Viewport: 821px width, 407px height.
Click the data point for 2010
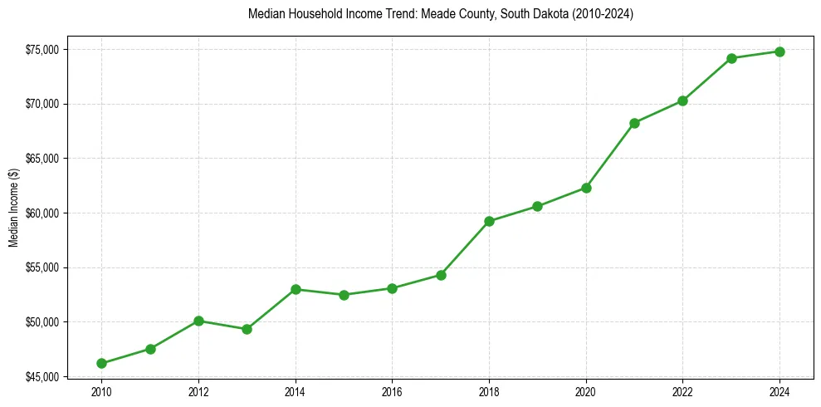[x=101, y=363]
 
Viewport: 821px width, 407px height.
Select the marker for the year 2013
[x=247, y=329]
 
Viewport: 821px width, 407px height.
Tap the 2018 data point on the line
[x=489, y=221]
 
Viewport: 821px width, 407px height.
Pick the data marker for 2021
[x=634, y=123]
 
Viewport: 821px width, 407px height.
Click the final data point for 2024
[x=779, y=51]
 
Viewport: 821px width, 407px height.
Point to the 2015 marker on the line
[x=344, y=295]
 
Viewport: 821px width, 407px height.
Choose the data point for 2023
[x=731, y=58]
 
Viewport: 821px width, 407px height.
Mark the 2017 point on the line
[x=441, y=275]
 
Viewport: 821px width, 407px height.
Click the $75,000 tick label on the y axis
[x=42, y=50]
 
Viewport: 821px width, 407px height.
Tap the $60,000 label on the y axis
[x=42, y=213]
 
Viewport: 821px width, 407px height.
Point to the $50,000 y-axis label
[x=42, y=322]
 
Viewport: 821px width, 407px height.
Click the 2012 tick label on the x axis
[x=198, y=390]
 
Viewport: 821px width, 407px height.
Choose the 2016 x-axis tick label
[x=392, y=390]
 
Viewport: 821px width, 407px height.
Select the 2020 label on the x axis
[x=586, y=390]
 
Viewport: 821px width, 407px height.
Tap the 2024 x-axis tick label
[x=779, y=390]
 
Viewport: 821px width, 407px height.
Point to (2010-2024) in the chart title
[x=604, y=15]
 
